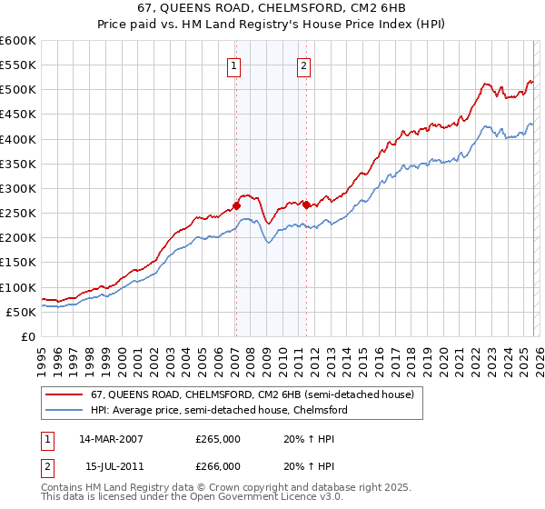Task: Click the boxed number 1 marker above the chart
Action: [x=234, y=65]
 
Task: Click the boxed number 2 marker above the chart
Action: [x=303, y=65]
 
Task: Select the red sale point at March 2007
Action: [x=236, y=205]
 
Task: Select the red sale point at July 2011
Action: [x=306, y=205]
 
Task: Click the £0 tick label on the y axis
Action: [x=28, y=336]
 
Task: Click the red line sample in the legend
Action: [x=65, y=395]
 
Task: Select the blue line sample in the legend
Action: [x=65, y=411]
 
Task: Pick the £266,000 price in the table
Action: [x=218, y=465]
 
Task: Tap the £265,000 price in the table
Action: [x=218, y=438]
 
